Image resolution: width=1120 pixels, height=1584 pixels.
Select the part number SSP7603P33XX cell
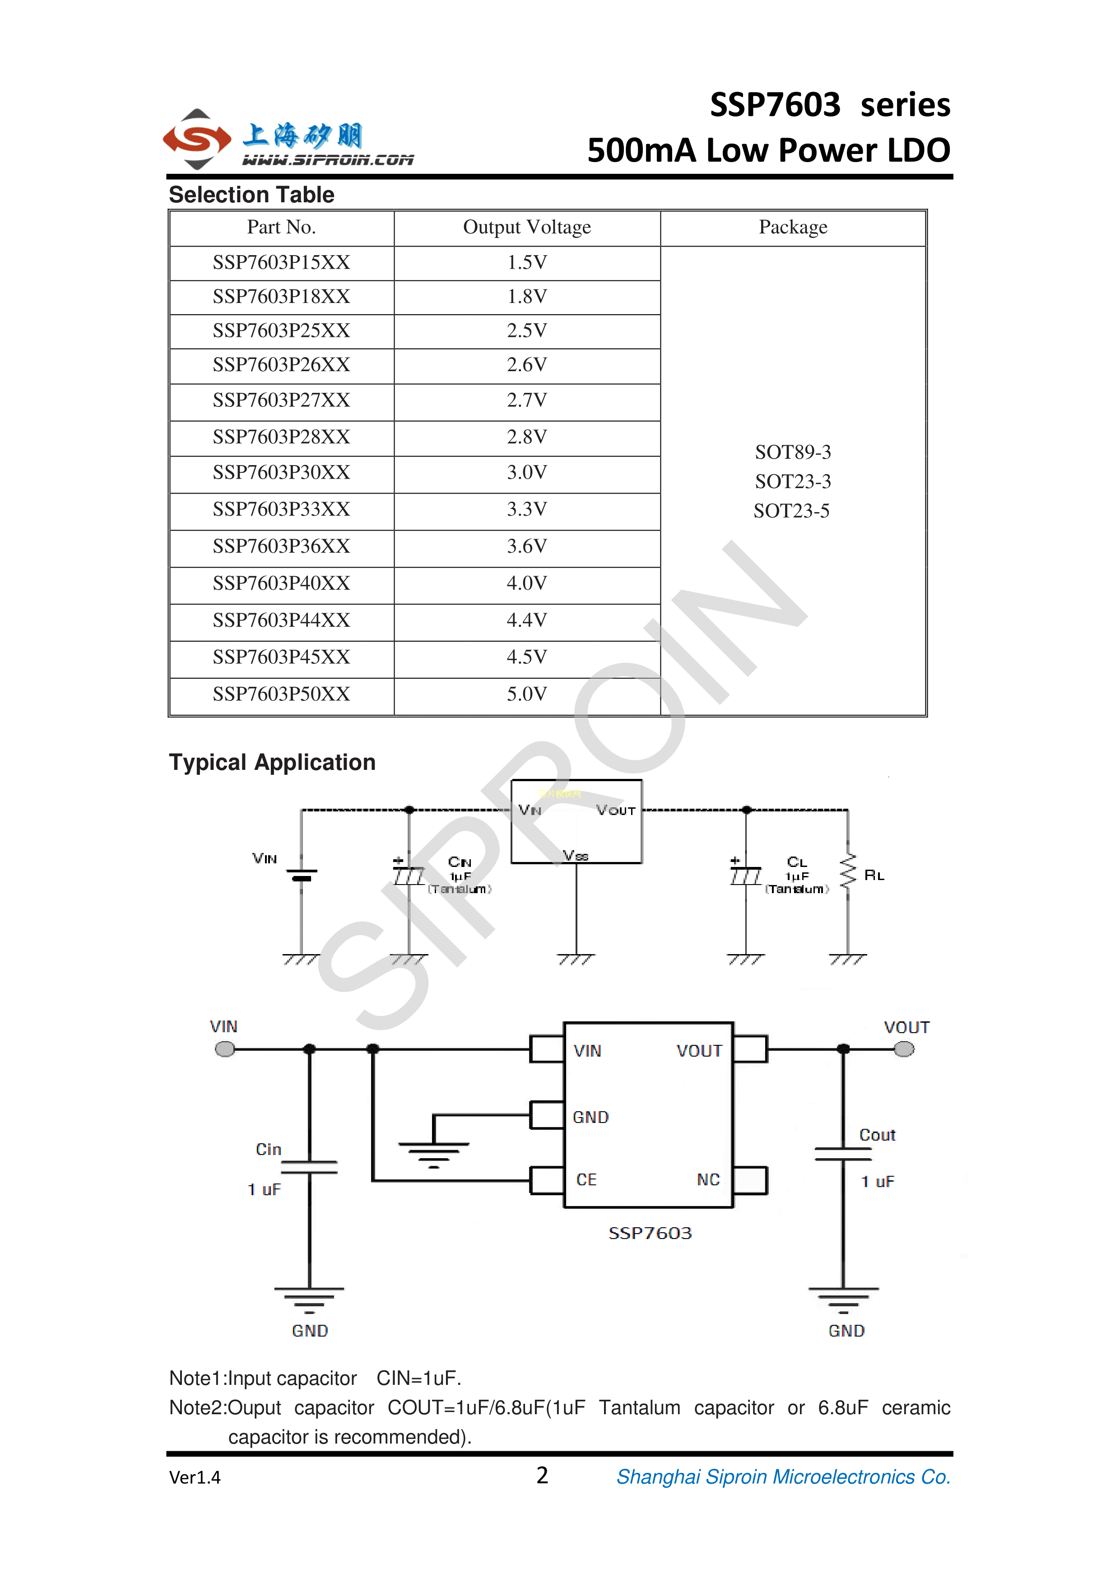click(281, 509)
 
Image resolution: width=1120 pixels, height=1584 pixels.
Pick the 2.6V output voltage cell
click(527, 365)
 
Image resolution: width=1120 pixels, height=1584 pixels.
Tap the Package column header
click(793, 228)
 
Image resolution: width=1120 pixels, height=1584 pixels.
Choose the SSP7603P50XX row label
click(281, 694)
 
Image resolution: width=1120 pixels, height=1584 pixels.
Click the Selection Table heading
click(252, 195)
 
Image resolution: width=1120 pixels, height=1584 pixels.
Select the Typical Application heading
click(272, 762)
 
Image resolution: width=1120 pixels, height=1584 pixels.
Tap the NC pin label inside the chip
click(708, 1180)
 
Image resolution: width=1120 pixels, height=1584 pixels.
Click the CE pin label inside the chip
click(586, 1180)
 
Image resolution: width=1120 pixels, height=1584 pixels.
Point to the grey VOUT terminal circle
click(904, 1049)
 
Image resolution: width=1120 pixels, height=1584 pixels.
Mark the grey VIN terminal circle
click(225, 1049)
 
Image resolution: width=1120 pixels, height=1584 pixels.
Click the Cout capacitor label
click(877, 1135)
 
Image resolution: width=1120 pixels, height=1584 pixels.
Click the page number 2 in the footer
click(542, 1476)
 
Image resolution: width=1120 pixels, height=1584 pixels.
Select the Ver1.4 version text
click(195, 1477)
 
